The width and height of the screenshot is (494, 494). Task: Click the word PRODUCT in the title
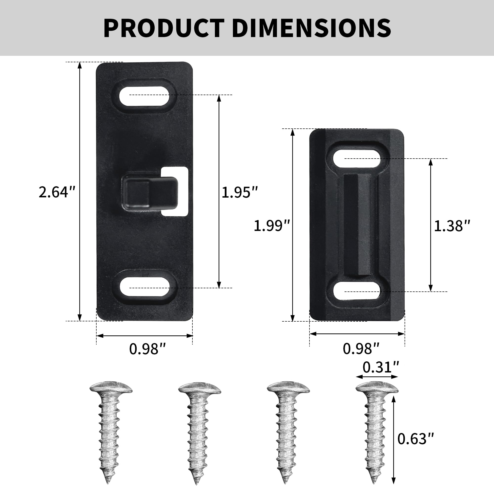tap(164, 28)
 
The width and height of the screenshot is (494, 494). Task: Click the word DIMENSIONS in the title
tap(311, 28)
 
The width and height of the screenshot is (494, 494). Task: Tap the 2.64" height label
tap(57, 192)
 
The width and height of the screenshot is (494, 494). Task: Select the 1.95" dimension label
tap(240, 192)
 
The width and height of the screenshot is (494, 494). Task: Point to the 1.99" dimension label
tap(272, 226)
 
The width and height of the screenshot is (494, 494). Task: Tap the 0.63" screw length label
tap(416, 439)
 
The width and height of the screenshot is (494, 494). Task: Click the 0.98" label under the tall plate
tap(147, 349)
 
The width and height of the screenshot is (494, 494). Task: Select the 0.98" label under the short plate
tap(361, 349)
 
